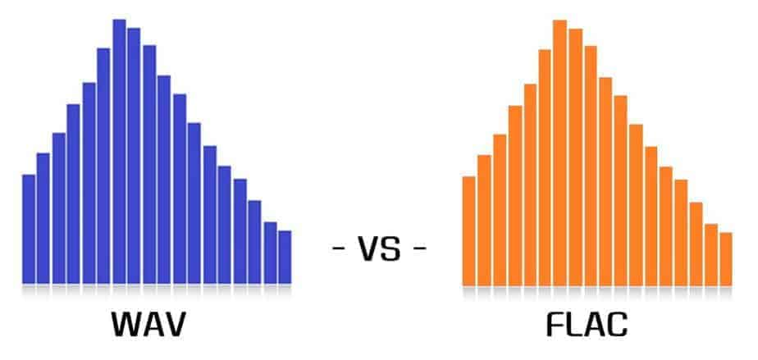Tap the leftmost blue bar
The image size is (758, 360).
point(29,229)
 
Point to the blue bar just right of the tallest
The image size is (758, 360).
point(134,156)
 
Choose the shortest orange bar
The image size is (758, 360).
point(725,258)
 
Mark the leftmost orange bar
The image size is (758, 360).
point(468,230)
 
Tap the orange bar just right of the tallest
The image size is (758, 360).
point(575,157)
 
